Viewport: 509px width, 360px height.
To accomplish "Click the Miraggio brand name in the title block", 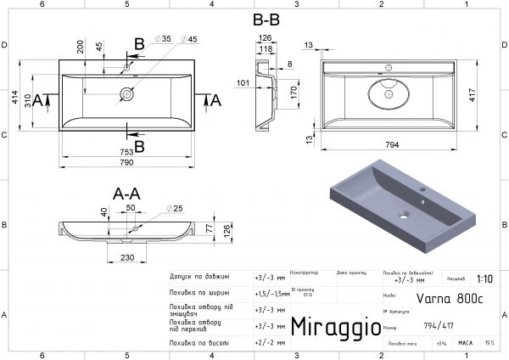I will (329, 326).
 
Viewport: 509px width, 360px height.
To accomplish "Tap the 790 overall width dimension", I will (128, 161).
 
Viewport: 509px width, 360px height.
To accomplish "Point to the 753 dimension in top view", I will (127, 149).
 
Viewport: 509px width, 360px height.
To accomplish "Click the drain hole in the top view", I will (127, 93).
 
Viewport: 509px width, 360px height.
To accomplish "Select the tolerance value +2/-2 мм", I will (266, 343).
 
